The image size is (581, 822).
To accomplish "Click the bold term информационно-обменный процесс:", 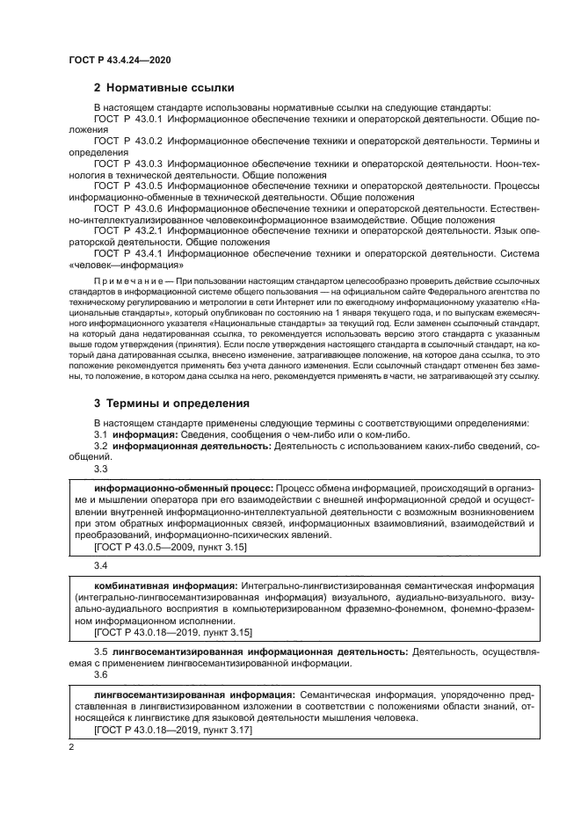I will [184, 487].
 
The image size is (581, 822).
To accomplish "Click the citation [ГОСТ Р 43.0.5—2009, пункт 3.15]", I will [170, 547].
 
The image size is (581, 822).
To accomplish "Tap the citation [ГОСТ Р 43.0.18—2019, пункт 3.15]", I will [172, 632].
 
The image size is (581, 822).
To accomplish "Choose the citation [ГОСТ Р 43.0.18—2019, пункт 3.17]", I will [172, 730].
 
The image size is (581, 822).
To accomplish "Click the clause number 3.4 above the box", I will [100, 564].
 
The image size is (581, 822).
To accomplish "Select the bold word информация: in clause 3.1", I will [142, 434].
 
